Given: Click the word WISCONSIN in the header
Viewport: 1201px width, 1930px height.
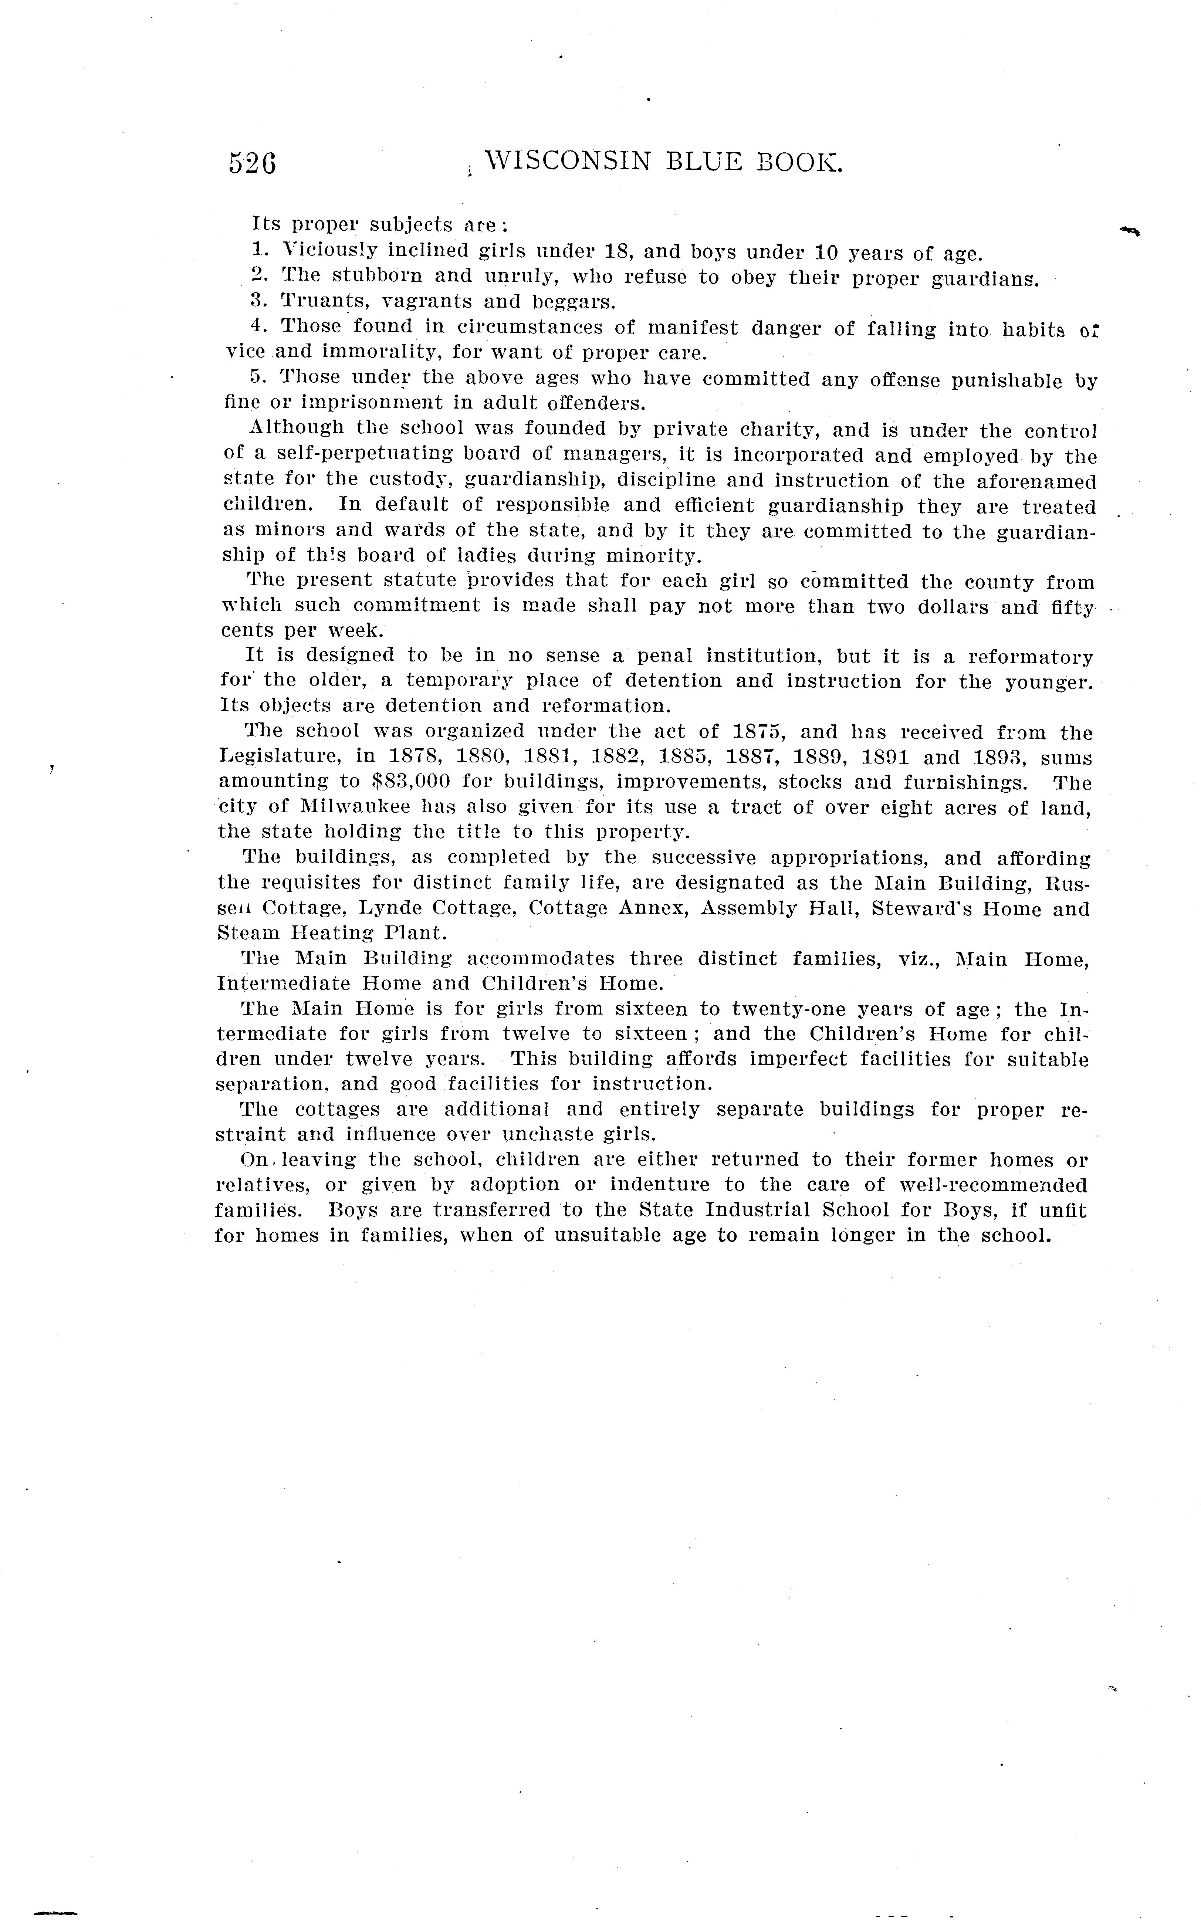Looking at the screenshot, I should pos(567,162).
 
